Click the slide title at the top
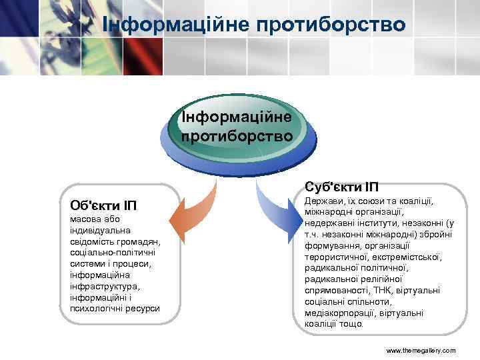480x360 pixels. pyautogui.click(x=254, y=25)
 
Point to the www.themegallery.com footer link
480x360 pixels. pyautogui.click(x=421, y=350)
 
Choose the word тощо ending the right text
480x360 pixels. pyautogui.click(x=351, y=324)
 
